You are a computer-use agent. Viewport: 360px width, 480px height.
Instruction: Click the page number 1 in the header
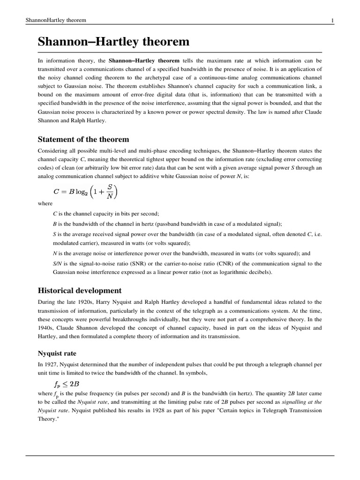(332, 20)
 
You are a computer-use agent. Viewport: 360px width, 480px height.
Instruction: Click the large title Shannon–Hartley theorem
(113, 42)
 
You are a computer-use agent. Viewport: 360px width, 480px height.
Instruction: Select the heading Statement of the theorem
(83, 140)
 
